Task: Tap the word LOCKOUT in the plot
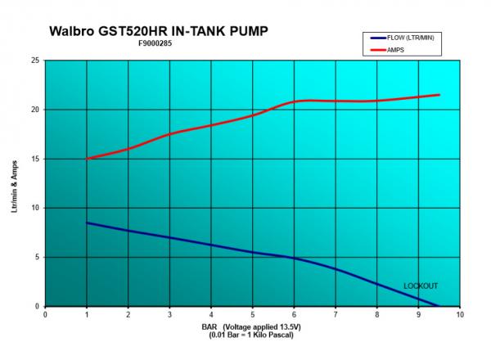[x=421, y=286]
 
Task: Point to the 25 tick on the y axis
[x=35, y=61]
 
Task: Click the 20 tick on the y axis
[x=35, y=110]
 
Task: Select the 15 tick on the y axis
[x=35, y=159]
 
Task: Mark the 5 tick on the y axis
[x=37, y=257]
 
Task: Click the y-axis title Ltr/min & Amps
[x=14, y=183]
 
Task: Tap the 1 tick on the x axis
[x=87, y=313]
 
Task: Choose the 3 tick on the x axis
[x=169, y=313]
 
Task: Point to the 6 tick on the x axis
[x=294, y=313]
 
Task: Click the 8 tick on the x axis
[x=376, y=313]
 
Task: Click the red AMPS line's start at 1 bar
[x=87, y=159]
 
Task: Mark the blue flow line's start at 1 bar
[x=87, y=223]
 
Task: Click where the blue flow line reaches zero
[x=439, y=305]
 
